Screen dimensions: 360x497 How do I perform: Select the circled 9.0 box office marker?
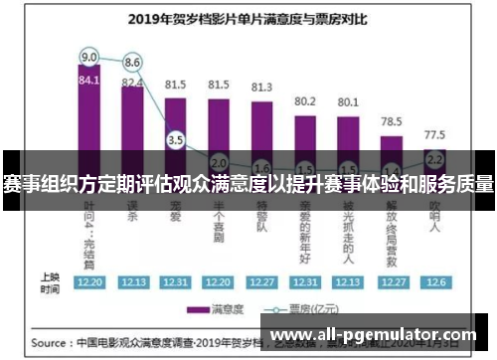[x=88, y=56]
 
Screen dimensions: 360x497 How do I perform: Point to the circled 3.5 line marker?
[x=176, y=140]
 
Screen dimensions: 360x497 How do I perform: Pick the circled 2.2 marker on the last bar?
[x=434, y=158]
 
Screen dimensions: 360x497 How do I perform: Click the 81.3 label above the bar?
[x=262, y=87]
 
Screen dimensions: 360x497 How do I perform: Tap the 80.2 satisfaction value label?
[x=305, y=100]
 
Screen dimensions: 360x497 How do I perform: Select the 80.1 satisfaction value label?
[x=348, y=101]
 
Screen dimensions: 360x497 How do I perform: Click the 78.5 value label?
[x=392, y=120]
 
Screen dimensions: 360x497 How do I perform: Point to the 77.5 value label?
[x=434, y=132]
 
